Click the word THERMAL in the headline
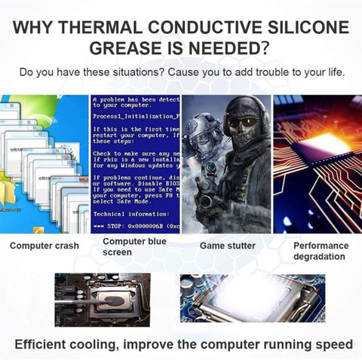pyautogui.click(x=109, y=29)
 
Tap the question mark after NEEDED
pyautogui.click(x=266, y=49)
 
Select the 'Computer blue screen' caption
pyautogui.click(x=135, y=246)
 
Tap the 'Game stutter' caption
pyautogui.click(x=227, y=246)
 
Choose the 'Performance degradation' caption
pyautogui.click(x=321, y=251)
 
